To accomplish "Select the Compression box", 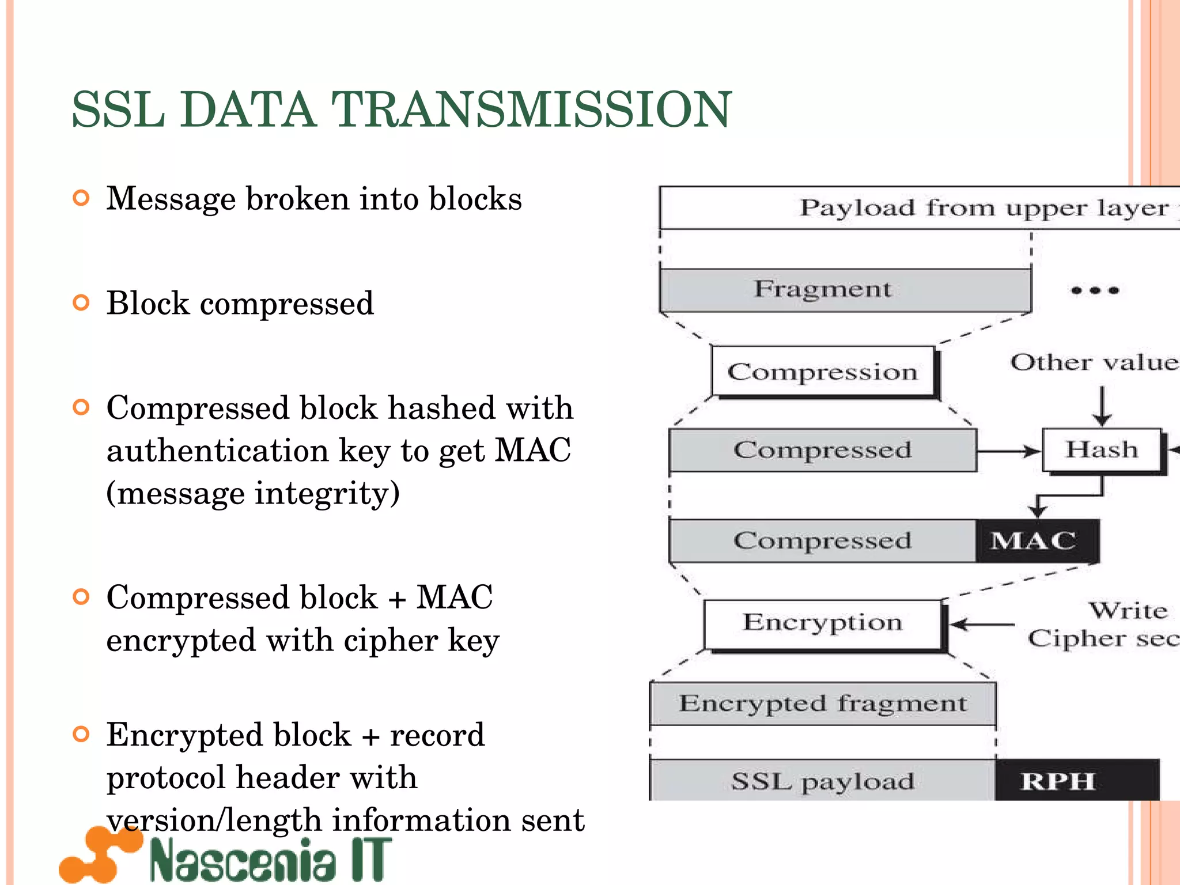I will coord(823,372).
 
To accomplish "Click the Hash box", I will coord(1102,449).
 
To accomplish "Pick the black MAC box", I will coord(1037,540).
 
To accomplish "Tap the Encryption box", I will coord(823,624).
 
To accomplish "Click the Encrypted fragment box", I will coord(823,704).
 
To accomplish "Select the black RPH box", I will coord(1076,781).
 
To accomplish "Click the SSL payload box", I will coord(823,781).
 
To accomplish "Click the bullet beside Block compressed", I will coord(82,303).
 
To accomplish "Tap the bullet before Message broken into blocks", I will coord(82,199).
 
